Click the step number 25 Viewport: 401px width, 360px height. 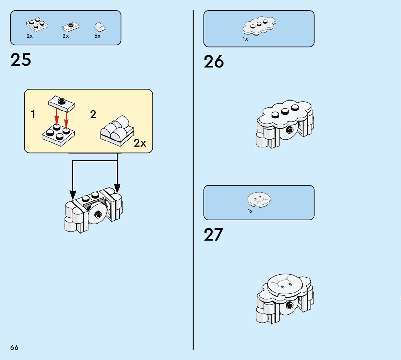21,60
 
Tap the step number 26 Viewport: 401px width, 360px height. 214,62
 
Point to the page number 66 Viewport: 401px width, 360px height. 14,348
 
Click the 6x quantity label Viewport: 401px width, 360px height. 97,36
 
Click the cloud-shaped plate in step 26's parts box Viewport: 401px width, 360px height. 259,27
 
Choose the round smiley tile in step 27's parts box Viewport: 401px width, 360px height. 259,200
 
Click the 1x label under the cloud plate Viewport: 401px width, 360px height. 245,39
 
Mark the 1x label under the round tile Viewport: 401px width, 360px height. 250,211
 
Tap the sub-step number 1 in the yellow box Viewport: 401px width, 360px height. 33,115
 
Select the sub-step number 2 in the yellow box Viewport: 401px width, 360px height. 93,115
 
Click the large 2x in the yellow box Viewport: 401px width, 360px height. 140,143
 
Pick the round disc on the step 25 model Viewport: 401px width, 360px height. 97,214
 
